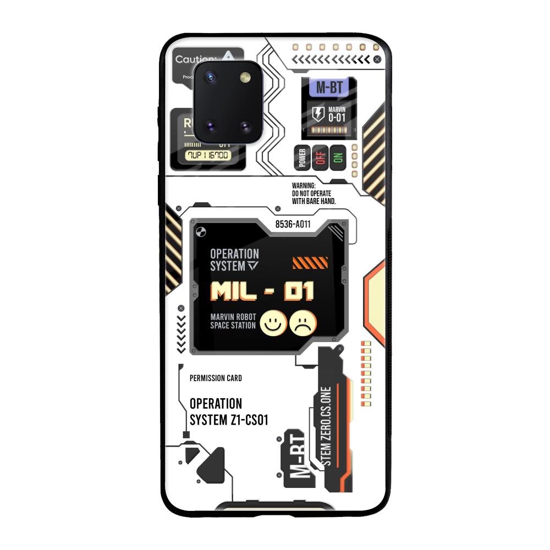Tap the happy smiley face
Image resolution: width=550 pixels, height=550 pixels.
271,323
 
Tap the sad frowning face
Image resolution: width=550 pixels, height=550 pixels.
303,323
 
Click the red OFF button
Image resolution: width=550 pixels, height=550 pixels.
320,158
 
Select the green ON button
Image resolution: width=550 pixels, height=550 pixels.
338,158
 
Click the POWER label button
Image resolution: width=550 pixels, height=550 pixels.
302,158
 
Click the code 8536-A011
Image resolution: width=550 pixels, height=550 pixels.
293,224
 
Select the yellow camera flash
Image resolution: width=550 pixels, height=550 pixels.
245,78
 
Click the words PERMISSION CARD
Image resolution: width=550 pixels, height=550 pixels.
216,378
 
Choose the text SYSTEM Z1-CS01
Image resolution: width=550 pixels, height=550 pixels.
229,420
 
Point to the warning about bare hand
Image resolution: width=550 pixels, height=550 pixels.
313,194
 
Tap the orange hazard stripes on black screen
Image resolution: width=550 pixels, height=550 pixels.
310,263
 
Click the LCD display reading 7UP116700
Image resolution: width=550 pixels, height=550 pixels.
208,155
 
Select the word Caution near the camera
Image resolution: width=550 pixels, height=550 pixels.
196,59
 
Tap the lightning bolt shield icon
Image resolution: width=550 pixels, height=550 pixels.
318,114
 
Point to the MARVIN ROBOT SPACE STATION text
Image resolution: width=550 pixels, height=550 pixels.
233,321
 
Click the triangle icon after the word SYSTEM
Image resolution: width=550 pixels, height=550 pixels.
252,266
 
